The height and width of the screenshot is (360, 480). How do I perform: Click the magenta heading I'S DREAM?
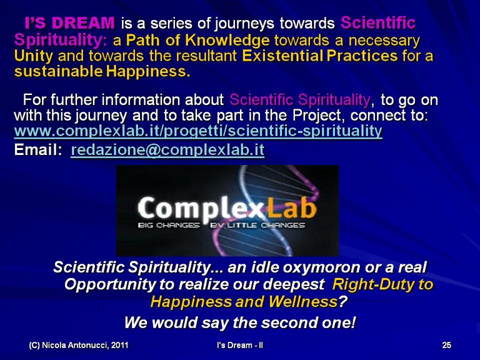[x=69, y=22]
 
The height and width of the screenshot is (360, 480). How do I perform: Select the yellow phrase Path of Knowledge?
[x=197, y=40]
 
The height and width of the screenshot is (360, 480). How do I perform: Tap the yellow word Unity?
[x=34, y=56]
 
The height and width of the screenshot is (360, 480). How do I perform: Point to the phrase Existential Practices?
[x=320, y=56]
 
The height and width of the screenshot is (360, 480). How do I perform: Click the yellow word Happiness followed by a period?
[x=148, y=72]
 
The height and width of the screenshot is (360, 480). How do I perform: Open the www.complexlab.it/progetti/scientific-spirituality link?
[x=198, y=131]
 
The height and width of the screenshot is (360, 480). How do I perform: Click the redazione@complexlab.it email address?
[x=167, y=150]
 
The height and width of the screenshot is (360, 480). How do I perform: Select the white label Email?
[x=38, y=150]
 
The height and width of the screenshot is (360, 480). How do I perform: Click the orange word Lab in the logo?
[x=291, y=207]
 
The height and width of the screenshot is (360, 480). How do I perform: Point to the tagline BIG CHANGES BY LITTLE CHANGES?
[x=221, y=225]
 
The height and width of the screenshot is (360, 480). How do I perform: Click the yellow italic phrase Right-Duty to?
[x=382, y=284]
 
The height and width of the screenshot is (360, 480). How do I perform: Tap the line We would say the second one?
[x=240, y=322]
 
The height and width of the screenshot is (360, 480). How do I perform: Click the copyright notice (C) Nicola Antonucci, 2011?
[x=78, y=345]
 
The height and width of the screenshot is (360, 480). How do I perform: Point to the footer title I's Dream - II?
[x=240, y=345]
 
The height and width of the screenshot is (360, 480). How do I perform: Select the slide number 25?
[x=447, y=345]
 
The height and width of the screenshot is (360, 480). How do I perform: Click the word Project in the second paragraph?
[x=317, y=116]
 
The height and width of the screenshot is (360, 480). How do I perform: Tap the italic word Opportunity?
[x=110, y=285]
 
